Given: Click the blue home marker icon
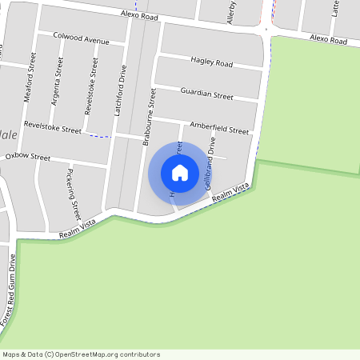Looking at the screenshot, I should click(x=180, y=172).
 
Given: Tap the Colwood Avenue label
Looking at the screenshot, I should click(x=81, y=38).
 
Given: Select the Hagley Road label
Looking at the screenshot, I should click(x=211, y=62).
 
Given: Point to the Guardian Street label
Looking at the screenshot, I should click(x=206, y=94).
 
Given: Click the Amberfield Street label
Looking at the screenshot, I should click(x=219, y=127).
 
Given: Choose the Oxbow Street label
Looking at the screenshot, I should click(x=28, y=158).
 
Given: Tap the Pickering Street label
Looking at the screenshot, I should click(x=74, y=194).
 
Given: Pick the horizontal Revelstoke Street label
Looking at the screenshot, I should click(x=53, y=127).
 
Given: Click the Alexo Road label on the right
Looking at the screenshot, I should click(x=328, y=40).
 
